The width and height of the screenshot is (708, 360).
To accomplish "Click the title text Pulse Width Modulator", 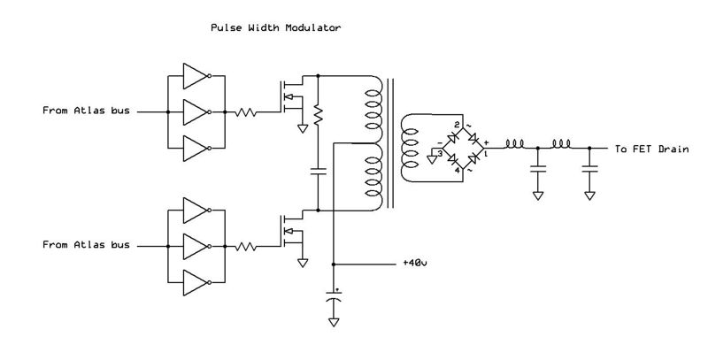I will click(x=274, y=28).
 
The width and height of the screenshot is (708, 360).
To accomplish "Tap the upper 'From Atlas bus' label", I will click(x=85, y=112).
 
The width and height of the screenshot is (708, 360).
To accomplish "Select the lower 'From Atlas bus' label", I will click(x=85, y=245).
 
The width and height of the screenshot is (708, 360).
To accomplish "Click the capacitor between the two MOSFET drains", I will click(x=318, y=172).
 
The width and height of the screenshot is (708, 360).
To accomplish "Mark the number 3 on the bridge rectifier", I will click(x=440, y=152).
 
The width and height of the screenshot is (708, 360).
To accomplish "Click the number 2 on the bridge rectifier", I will click(x=457, y=125).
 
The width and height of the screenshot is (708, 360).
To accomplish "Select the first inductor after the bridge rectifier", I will click(x=515, y=144).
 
